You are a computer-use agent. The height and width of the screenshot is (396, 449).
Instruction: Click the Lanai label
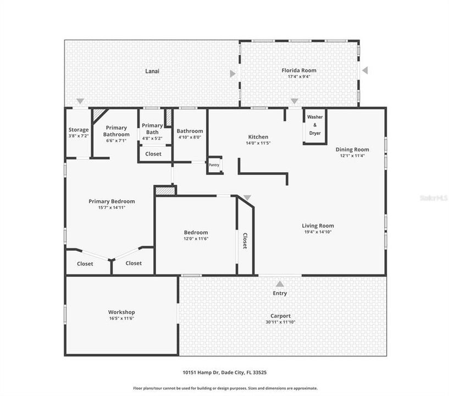coord(152,71)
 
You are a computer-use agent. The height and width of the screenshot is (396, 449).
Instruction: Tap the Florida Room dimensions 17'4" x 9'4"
coord(299,77)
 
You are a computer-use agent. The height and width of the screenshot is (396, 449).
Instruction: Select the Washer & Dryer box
coord(315,125)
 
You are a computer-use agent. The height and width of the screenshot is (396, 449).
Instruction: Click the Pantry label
coord(214,164)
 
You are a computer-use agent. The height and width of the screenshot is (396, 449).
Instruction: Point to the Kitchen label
coord(258,137)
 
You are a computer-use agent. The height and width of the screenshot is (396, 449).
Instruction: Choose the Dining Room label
coord(352,149)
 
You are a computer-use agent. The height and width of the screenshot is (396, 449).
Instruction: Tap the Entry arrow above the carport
coord(280,284)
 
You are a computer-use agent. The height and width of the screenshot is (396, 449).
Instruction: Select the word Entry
coord(280,293)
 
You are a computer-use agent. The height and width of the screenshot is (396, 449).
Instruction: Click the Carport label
coord(280,316)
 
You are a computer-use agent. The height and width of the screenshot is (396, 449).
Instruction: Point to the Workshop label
coord(121,312)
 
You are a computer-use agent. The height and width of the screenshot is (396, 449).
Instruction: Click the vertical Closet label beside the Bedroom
coord(245,241)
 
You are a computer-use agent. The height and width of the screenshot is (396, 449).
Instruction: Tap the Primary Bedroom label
coord(112,201)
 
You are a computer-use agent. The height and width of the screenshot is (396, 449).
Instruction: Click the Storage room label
coord(78,130)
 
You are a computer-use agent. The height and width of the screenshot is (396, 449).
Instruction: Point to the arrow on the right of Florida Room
coord(364,70)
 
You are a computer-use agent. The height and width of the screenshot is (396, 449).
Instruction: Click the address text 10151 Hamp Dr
coord(204,372)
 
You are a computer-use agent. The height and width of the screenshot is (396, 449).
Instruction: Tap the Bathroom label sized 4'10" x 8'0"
coord(190,131)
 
